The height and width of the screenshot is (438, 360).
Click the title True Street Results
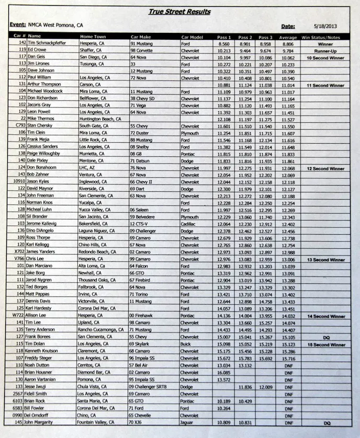click(x=179, y=12)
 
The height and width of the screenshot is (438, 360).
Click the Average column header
click(x=288, y=37)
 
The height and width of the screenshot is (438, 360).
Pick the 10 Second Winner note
click(x=325, y=58)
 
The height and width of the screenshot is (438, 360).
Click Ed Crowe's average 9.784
click(x=288, y=51)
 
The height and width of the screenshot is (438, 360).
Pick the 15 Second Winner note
click(x=325, y=344)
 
